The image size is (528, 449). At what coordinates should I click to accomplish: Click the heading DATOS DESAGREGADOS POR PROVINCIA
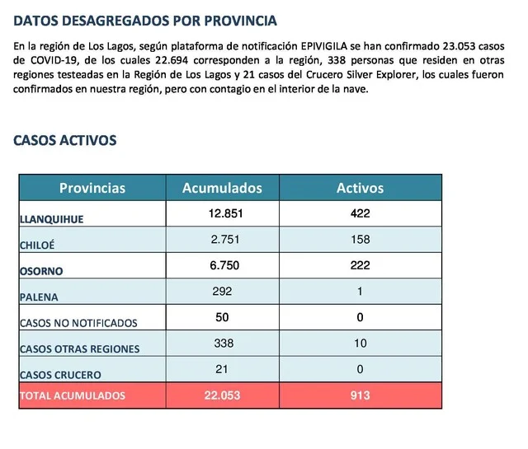146,21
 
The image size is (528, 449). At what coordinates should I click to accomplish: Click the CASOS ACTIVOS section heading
65,140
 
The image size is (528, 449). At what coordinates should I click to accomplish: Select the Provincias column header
92,188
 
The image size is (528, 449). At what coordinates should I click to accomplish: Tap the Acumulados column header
222,188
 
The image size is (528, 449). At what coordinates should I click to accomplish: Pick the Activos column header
360,188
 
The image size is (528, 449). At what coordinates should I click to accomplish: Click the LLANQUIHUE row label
53,219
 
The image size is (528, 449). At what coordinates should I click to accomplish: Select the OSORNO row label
41,271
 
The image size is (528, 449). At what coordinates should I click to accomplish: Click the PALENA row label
40,297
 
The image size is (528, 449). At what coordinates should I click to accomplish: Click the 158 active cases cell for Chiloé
360,240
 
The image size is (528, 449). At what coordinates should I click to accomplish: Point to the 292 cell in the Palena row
222,291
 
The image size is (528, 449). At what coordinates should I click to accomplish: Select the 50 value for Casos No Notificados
222,317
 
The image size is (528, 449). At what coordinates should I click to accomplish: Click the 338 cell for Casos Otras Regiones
222,343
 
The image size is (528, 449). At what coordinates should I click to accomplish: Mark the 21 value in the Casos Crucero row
222,368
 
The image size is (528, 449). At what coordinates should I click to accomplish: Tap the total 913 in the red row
360,395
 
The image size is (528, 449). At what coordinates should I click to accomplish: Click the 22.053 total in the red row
222,395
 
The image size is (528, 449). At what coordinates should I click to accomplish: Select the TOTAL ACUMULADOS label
72,396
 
